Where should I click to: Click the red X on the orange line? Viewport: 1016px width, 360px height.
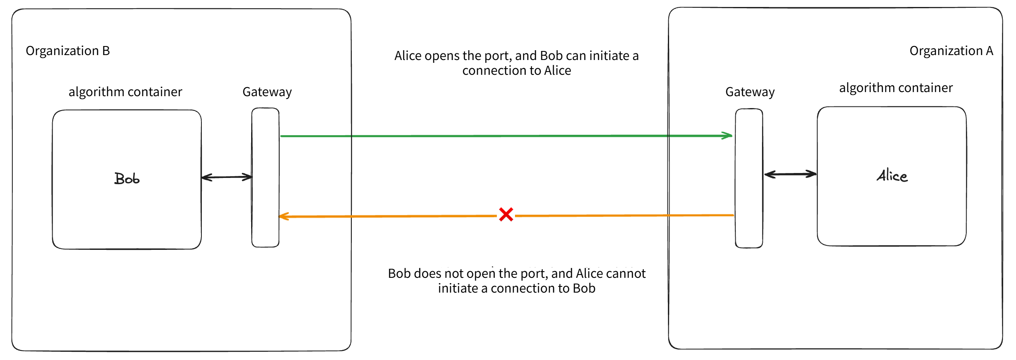click(x=506, y=214)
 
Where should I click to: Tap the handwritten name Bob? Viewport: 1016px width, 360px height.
click(x=127, y=179)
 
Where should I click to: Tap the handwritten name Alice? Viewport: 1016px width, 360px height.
click(x=892, y=176)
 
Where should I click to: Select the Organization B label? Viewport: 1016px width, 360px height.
click(x=68, y=51)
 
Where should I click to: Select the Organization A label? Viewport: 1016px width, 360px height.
click(x=951, y=51)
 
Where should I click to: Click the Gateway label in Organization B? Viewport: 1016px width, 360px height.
click(x=267, y=92)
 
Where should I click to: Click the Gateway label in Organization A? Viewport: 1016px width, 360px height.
click(x=750, y=92)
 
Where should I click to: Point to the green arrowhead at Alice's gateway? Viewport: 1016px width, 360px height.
click(x=727, y=136)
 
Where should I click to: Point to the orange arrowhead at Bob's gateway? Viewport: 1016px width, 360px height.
click(x=284, y=217)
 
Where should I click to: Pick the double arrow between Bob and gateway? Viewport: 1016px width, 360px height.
click(x=227, y=177)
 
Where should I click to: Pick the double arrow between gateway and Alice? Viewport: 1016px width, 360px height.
click(x=790, y=174)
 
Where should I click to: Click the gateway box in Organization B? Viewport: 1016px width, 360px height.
click(x=266, y=178)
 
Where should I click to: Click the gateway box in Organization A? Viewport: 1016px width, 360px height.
click(x=749, y=178)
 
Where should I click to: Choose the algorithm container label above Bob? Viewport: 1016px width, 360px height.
click(x=125, y=92)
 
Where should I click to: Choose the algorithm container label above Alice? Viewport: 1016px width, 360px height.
click(x=896, y=88)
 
